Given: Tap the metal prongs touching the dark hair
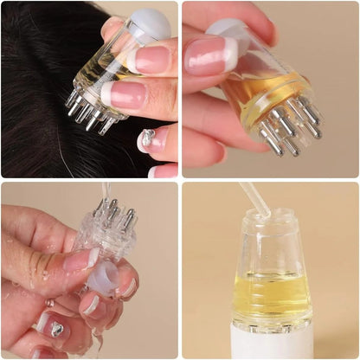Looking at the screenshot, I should coord(87,112).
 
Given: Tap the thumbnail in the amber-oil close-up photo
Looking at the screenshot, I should coord(208,57).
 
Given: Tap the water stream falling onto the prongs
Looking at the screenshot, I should coord(105,192).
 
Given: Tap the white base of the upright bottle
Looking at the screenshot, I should coord(272,343).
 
